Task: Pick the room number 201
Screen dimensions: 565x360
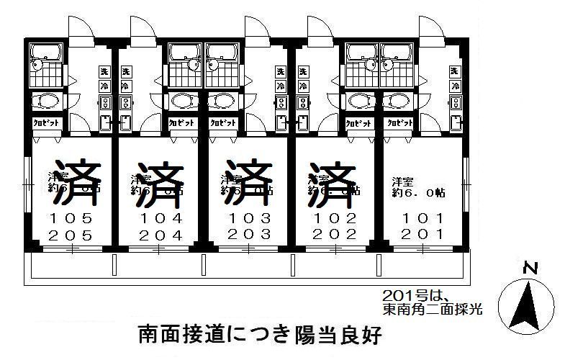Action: (422, 234)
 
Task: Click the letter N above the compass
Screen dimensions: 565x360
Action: (530, 269)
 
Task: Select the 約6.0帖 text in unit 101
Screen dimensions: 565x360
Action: (419, 193)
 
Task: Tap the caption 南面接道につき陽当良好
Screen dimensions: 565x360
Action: (256, 335)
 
